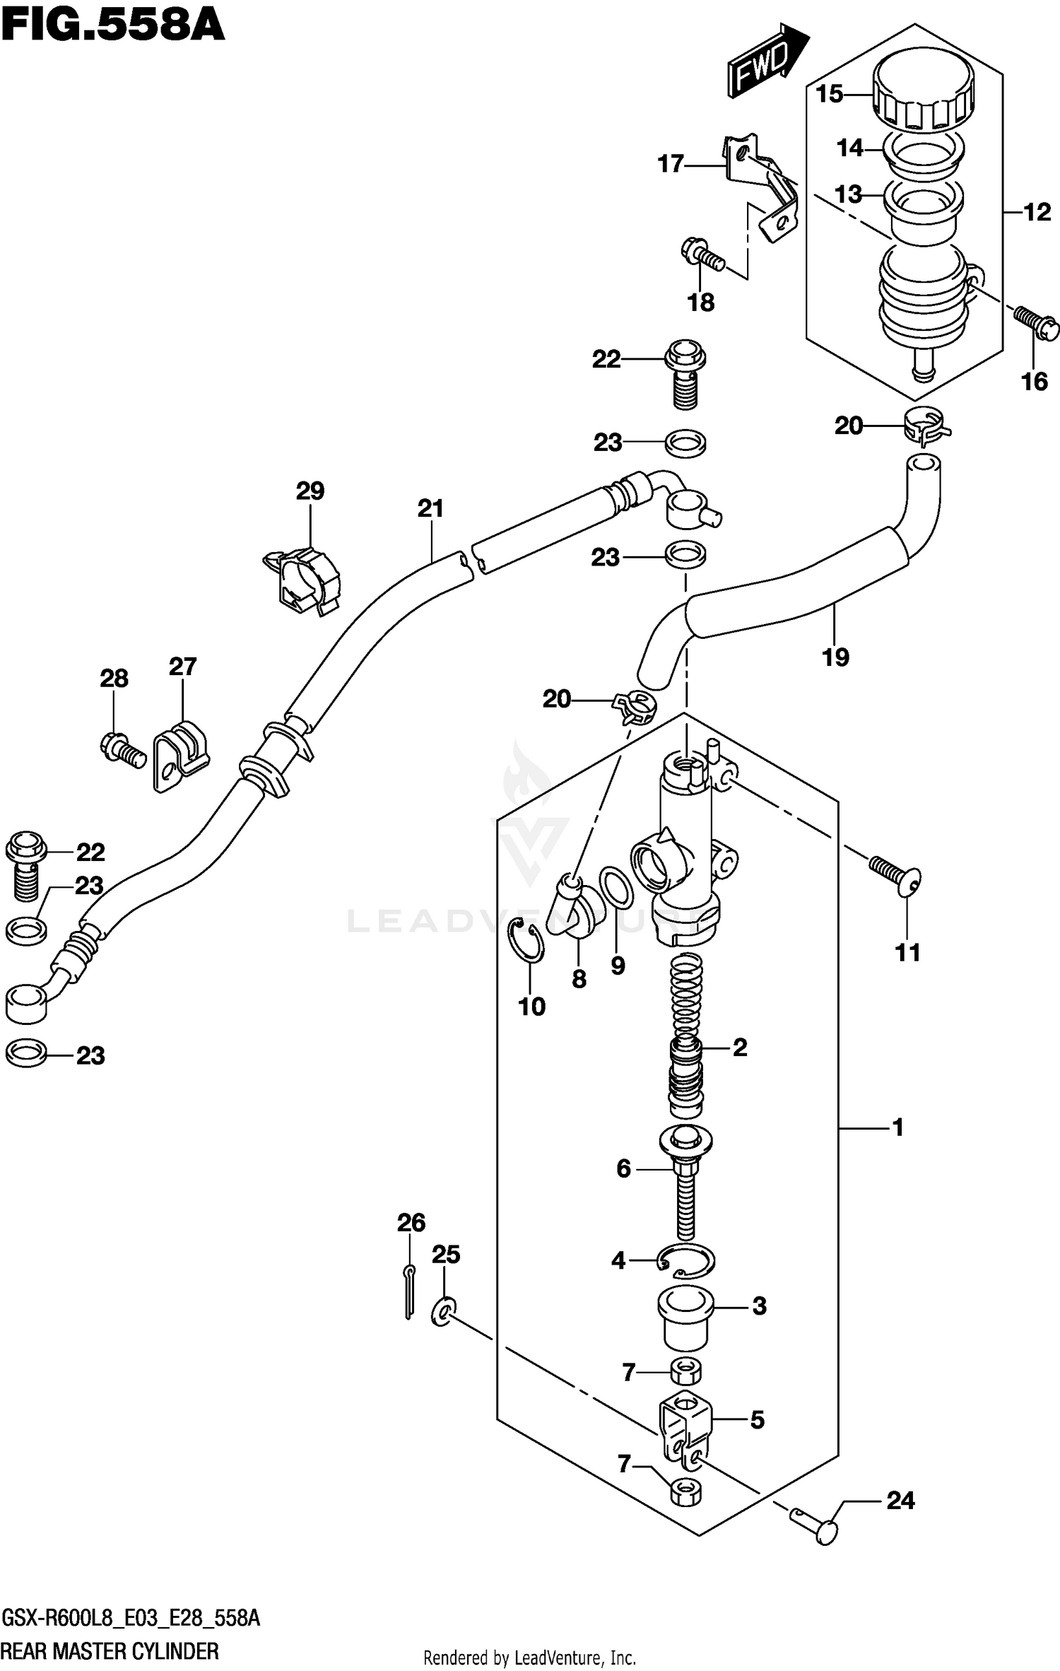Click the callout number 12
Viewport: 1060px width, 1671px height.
(1037, 212)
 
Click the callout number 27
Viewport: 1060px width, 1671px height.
(182, 667)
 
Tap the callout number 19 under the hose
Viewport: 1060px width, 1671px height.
(835, 657)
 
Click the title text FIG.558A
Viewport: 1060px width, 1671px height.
(113, 26)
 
